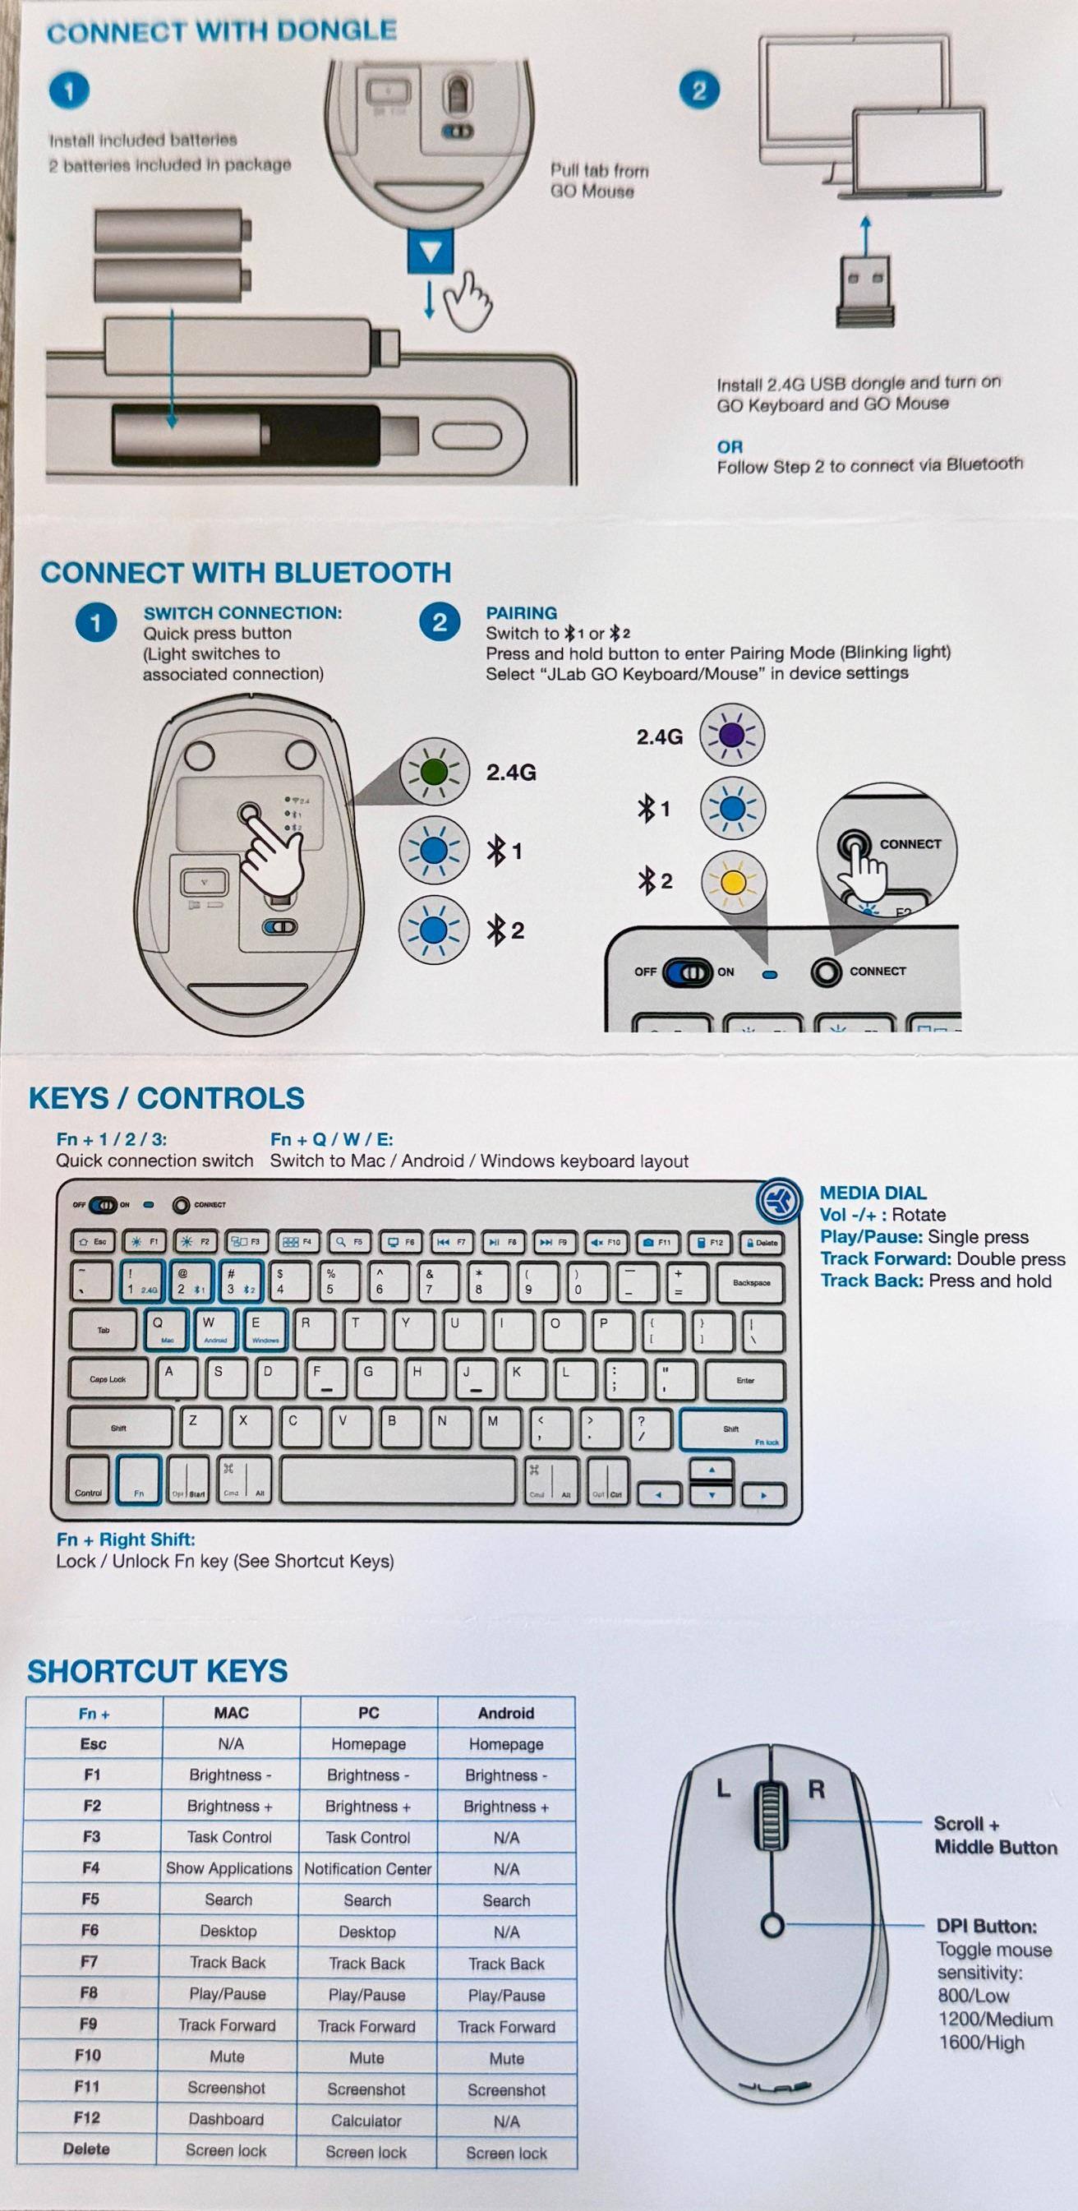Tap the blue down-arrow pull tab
(431, 252)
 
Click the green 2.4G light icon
(435, 771)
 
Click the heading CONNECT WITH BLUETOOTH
(246, 573)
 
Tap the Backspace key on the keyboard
(750, 1282)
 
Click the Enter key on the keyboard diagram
(744, 1380)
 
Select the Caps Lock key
(108, 1379)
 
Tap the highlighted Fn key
(139, 1479)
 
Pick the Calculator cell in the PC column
(366, 2120)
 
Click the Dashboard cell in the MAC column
(227, 2119)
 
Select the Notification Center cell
(367, 1868)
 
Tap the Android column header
(505, 1712)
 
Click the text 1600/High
(981, 2042)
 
